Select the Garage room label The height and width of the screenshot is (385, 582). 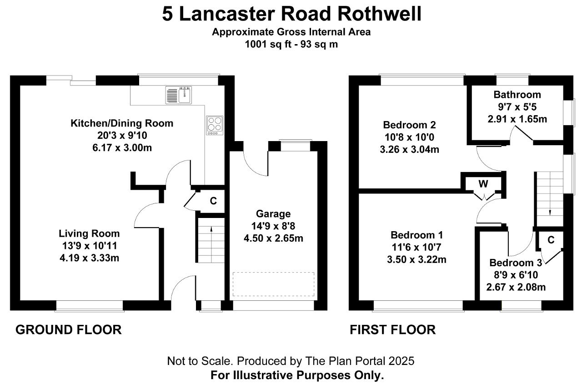point(273,213)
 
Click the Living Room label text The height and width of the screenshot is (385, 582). point(89,233)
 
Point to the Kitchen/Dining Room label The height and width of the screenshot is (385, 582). point(122,123)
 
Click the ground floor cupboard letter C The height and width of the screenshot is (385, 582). point(213,201)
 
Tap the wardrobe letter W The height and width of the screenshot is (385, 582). point(483,184)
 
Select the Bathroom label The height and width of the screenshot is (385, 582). point(517,95)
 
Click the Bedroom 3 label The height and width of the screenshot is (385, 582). point(516,263)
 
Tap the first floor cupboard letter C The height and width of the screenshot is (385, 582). point(551,240)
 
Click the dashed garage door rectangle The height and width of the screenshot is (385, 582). point(273,284)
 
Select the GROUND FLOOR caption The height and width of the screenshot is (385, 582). point(69,329)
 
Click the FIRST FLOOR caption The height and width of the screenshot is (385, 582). point(392,329)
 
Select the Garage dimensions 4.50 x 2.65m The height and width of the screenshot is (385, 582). point(273,238)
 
